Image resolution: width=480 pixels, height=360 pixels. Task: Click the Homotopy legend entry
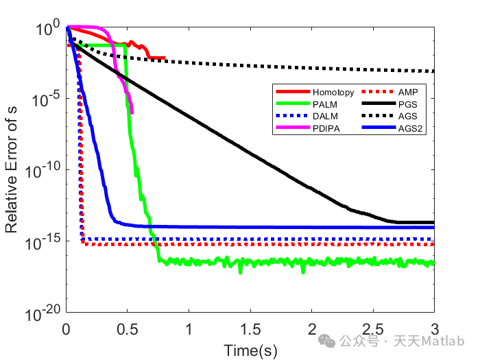333,92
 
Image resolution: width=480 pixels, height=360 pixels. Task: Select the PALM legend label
323,104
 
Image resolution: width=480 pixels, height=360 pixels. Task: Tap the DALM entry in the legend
323,116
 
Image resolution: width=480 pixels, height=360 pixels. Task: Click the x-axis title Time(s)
250,350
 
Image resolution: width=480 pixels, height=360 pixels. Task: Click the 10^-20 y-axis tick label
41,313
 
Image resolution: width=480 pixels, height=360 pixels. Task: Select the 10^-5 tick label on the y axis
44,98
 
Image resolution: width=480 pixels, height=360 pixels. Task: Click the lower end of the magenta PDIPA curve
132,113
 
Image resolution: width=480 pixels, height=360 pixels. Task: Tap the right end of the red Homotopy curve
165,58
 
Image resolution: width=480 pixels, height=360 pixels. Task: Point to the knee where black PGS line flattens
396,221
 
